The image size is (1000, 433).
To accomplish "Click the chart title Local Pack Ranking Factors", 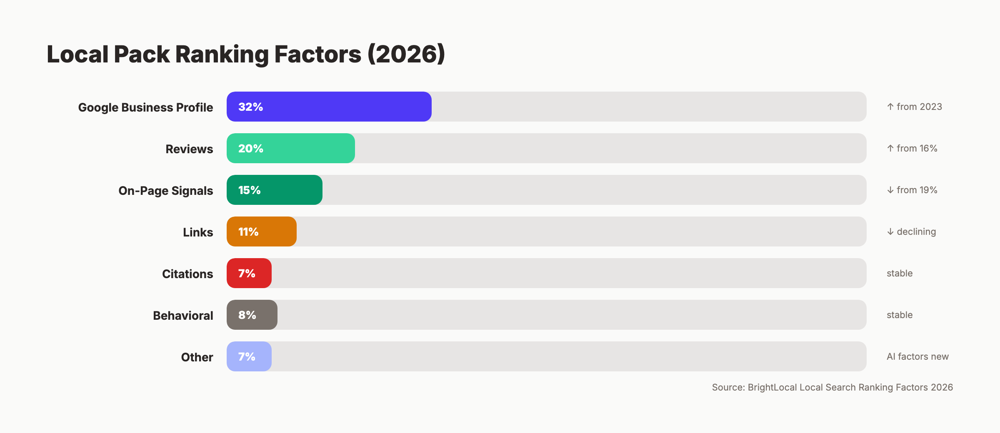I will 246,54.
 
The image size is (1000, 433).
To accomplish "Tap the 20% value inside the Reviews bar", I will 251,149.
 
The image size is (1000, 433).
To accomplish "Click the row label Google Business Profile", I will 145,107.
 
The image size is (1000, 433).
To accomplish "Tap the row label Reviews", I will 189,149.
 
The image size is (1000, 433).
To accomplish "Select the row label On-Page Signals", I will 165,191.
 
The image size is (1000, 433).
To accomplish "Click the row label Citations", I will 187,274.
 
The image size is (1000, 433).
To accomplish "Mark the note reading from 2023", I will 919,107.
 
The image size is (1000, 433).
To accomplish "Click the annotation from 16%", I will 917,148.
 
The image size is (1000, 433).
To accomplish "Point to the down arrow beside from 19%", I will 890,190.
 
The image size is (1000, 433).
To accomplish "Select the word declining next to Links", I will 916,231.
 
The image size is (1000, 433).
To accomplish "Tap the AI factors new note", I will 917,356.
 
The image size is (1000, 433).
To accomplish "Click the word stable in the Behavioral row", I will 900,315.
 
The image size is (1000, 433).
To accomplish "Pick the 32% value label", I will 250,107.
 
